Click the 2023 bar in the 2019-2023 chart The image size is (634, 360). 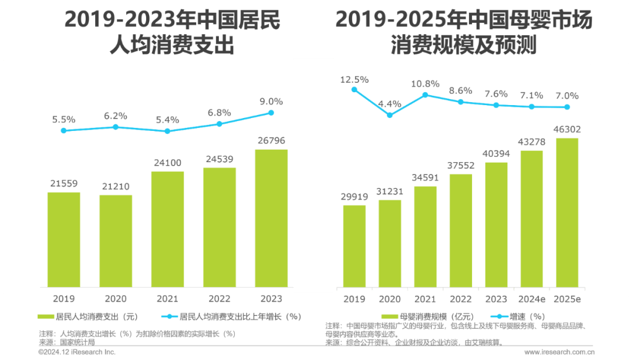[x=271, y=217]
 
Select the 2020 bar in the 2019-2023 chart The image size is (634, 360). [x=116, y=240]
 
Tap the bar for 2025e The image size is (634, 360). [x=566, y=211]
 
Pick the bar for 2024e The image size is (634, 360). [x=531, y=218]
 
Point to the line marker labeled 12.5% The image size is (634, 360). [x=354, y=89]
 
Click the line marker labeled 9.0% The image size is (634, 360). [x=271, y=112]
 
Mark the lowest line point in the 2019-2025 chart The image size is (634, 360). [x=389, y=115]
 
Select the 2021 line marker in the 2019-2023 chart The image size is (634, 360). [x=167, y=131]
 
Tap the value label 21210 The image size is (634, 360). [x=116, y=187]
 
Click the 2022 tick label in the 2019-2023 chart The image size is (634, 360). [x=219, y=298]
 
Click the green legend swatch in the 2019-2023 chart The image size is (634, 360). [x=46, y=317]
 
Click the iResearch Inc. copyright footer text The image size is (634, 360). [x=77, y=352]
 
